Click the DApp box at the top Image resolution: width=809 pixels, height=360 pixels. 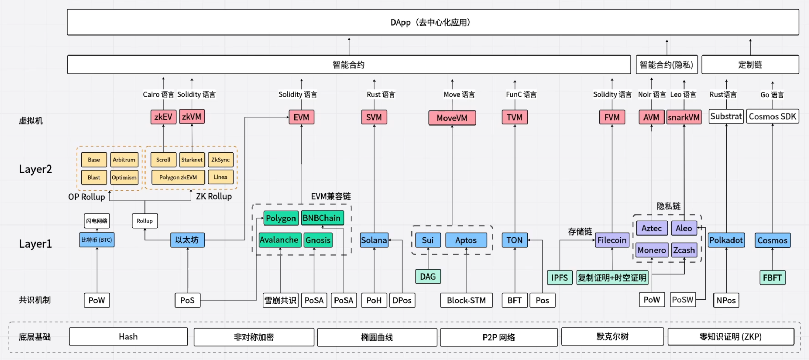[433, 22]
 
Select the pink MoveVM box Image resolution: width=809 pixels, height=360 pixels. [452, 118]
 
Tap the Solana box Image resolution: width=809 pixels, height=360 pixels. [374, 240]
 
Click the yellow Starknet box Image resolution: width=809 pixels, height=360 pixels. [192, 160]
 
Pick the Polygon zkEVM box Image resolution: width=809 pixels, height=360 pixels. [178, 177]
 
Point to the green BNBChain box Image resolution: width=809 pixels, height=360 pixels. [322, 218]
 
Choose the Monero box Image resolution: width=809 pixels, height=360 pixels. [651, 250]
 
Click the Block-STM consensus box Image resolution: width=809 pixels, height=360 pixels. [466, 300]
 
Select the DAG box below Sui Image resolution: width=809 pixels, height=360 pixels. [428, 277]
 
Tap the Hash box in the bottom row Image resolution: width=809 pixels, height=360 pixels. [128, 337]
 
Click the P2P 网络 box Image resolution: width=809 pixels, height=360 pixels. [499, 337]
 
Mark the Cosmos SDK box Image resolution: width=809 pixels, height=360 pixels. [772, 117]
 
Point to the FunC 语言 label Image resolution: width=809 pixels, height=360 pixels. [521, 94]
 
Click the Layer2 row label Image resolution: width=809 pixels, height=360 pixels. [36, 169]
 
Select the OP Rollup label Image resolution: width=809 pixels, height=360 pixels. [87, 197]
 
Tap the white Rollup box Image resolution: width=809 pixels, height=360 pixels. [144, 221]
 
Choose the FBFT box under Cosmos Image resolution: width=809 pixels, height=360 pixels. [772, 278]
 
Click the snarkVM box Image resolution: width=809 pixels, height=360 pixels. [683, 117]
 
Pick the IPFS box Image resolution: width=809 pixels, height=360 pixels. [559, 278]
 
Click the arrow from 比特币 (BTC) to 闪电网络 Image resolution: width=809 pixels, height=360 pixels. [97, 230]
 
